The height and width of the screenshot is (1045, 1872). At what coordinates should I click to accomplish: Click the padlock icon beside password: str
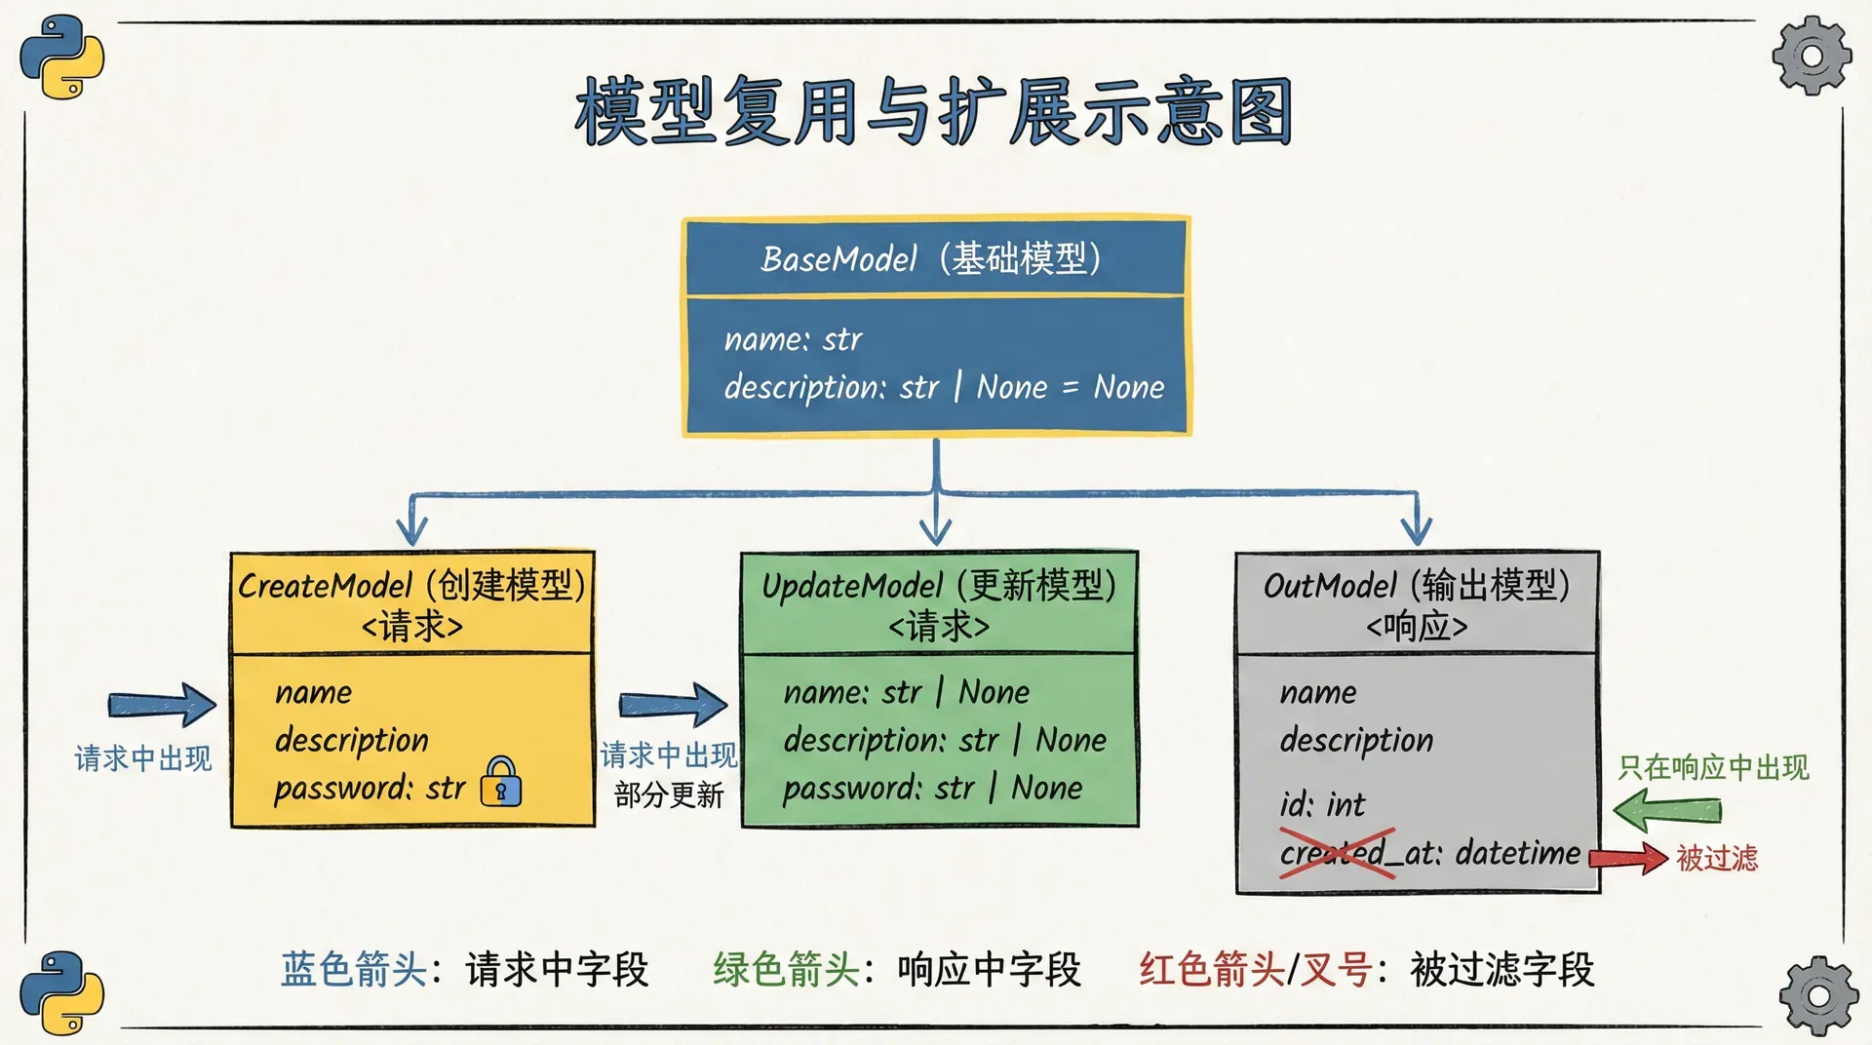501,782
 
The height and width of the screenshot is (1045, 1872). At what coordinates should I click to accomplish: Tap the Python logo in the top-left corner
61,56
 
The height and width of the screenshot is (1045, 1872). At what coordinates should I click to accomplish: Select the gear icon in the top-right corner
1812,56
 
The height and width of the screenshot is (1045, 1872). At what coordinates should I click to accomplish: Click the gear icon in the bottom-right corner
1818,995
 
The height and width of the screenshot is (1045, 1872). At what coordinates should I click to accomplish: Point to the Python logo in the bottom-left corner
61,992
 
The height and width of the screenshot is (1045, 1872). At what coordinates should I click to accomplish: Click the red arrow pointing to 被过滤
1628,858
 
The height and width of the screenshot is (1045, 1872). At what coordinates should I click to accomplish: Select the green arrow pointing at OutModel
1667,810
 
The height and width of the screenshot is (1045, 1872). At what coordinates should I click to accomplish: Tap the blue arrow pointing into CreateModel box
162,704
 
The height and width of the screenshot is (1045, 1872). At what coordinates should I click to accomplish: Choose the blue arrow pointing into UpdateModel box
673,704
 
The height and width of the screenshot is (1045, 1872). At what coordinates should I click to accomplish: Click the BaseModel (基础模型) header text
931,259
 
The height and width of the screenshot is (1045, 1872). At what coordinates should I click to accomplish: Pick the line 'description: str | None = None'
944,387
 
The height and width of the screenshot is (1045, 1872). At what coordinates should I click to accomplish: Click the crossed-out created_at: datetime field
1429,854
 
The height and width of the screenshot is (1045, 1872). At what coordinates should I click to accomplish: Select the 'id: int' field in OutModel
1322,805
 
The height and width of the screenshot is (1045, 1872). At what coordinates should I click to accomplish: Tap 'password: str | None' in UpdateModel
932,788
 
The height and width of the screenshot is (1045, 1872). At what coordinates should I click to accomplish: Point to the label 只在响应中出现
1713,768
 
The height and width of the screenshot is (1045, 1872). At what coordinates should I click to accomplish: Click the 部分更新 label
669,795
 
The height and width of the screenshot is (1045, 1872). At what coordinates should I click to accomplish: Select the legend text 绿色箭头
786,970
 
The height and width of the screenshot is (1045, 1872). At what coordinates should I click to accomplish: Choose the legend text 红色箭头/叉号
1256,970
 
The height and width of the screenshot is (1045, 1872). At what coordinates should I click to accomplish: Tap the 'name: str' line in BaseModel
793,339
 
